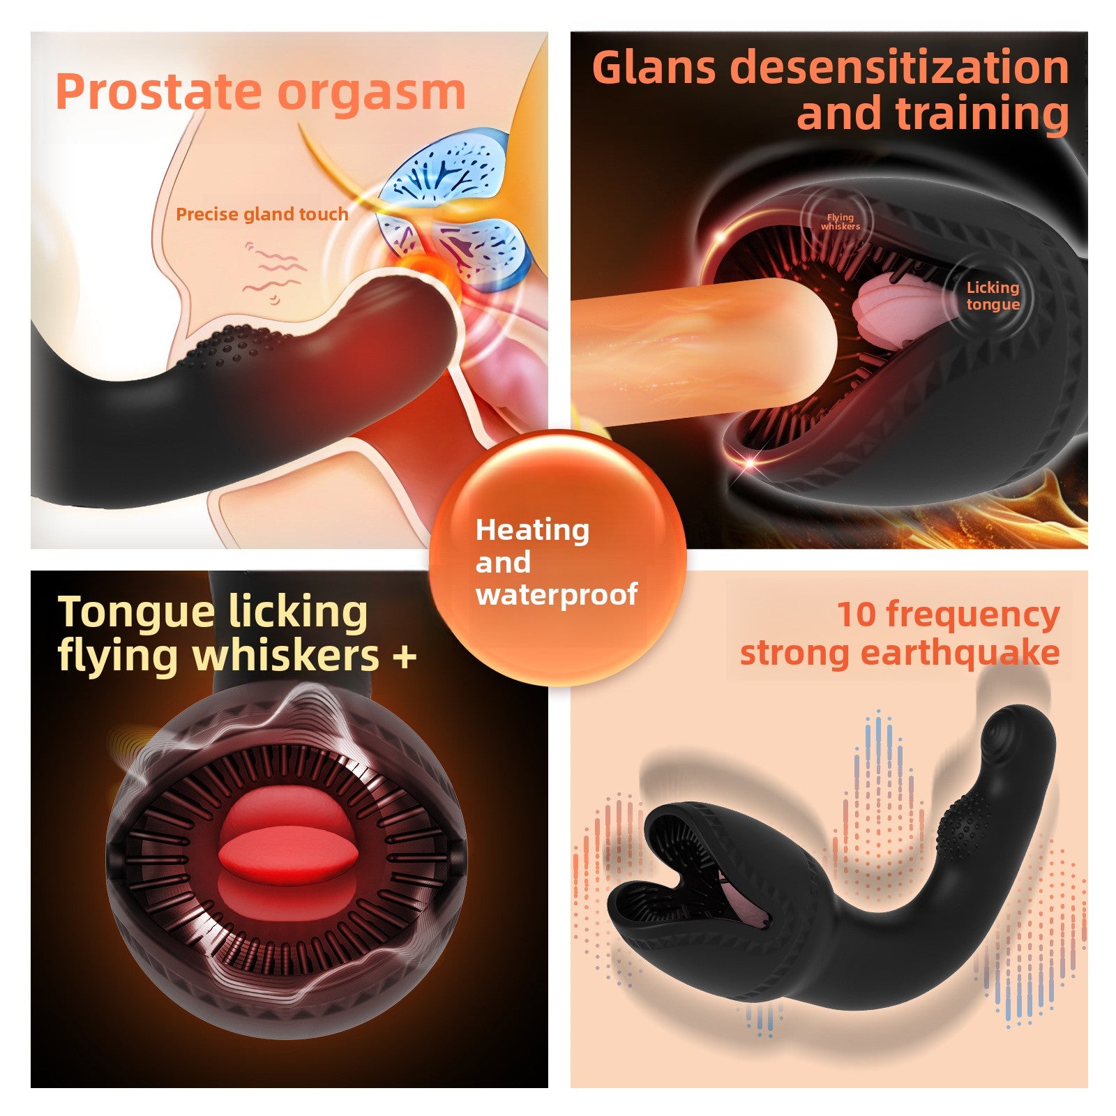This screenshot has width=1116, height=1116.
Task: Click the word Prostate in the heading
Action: click(162, 91)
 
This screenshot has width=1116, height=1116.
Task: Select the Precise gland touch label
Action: click(262, 214)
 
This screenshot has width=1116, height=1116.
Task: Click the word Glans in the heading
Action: click(654, 68)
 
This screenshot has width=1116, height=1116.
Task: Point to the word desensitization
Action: click(899, 68)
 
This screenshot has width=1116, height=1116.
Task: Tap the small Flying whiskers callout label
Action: click(840, 222)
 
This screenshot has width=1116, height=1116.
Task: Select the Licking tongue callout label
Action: click(993, 296)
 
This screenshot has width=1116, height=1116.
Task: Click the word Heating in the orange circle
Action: click(532, 531)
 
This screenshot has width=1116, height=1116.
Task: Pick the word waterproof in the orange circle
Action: click(557, 594)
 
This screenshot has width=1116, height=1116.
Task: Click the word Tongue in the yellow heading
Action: click(136, 613)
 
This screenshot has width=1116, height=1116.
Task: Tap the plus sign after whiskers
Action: click(405, 656)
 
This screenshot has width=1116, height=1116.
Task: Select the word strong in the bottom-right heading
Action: click(794, 654)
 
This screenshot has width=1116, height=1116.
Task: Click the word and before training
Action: click(839, 114)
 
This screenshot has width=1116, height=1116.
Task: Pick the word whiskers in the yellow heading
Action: click(286, 655)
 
